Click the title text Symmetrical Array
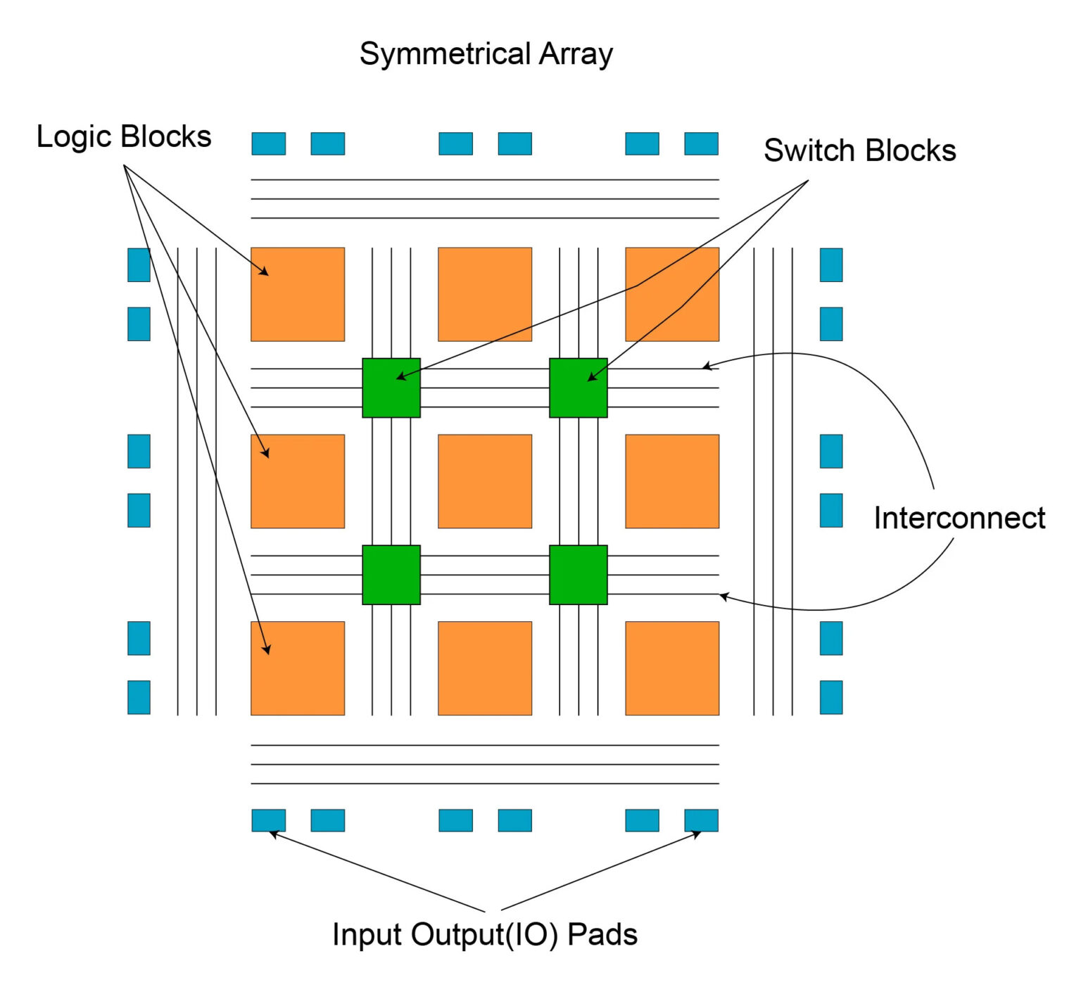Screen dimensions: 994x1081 486,54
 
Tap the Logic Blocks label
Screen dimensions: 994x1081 124,136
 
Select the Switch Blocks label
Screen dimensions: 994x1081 859,151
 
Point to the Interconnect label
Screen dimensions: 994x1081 959,518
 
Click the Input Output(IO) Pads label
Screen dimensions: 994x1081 484,934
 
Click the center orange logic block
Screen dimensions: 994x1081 485,481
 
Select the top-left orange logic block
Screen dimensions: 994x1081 298,294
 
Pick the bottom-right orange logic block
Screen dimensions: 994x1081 672,668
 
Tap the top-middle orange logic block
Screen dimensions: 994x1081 485,294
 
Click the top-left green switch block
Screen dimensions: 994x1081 391,388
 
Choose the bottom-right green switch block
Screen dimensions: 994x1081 579,575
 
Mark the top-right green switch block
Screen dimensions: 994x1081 579,388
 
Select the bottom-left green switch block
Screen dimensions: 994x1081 391,575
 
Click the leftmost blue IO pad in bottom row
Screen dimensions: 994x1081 269,820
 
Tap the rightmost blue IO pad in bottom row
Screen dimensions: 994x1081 701,820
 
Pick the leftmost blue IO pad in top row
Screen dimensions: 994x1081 269,144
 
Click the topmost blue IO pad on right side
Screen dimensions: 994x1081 831,265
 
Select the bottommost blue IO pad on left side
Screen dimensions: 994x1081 139,697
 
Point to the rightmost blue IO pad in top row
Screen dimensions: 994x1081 701,144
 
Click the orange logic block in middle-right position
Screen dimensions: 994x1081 672,481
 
